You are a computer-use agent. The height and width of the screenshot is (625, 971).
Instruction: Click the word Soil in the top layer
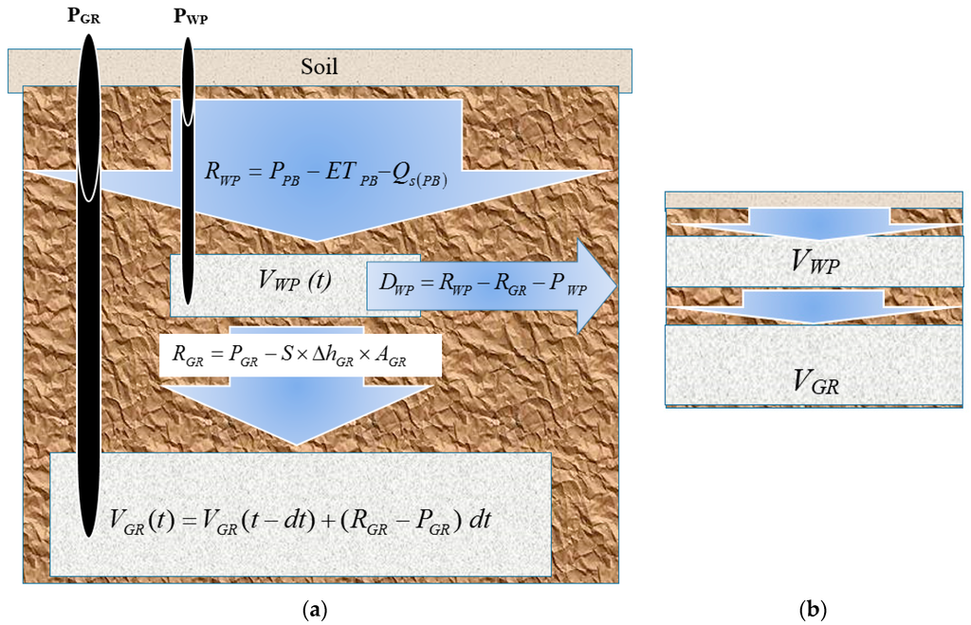(319, 67)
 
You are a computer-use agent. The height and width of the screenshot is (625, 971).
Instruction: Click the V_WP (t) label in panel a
(294, 280)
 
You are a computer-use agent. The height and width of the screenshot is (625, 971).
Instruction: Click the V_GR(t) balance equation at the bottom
(311, 519)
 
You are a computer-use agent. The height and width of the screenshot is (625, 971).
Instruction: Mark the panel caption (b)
(813, 610)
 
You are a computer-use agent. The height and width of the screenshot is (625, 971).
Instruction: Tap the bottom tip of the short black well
(188, 303)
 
